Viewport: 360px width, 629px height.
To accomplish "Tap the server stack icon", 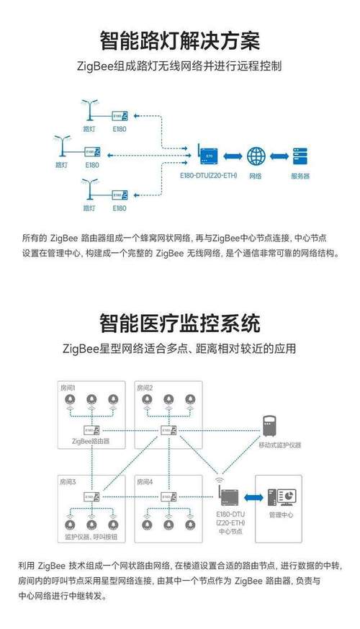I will pyautogui.click(x=300, y=156).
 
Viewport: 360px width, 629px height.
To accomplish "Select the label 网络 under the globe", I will pyautogui.click(x=255, y=177).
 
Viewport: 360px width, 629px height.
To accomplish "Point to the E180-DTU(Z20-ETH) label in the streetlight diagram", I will pyautogui.click(x=210, y=177).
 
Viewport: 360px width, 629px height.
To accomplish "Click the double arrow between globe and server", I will pyautogui.click(x=278, y=156).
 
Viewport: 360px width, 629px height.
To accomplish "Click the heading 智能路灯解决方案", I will pyautogui.click(x=179, y=40).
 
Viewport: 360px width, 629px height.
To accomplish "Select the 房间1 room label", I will pyautogui.click(x=68, y=388).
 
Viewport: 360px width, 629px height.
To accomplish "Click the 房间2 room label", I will pyautogui.click(x=145, y=388).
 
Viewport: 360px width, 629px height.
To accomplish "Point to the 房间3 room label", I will pyautogui.click(x=68, y=481).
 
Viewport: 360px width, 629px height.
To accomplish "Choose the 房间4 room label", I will pyautogui.click(x=145, y=481).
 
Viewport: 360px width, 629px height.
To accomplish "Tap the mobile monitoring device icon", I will pyautogui.click(x=271, y=424).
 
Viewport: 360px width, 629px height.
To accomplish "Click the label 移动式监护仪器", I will pyautogui.click(x=279, y=445).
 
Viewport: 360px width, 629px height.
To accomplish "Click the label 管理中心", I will pyautogui.click(x=281, y=516).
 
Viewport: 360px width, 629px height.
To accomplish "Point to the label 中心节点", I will pyautogui.click(x=231, y=532).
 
